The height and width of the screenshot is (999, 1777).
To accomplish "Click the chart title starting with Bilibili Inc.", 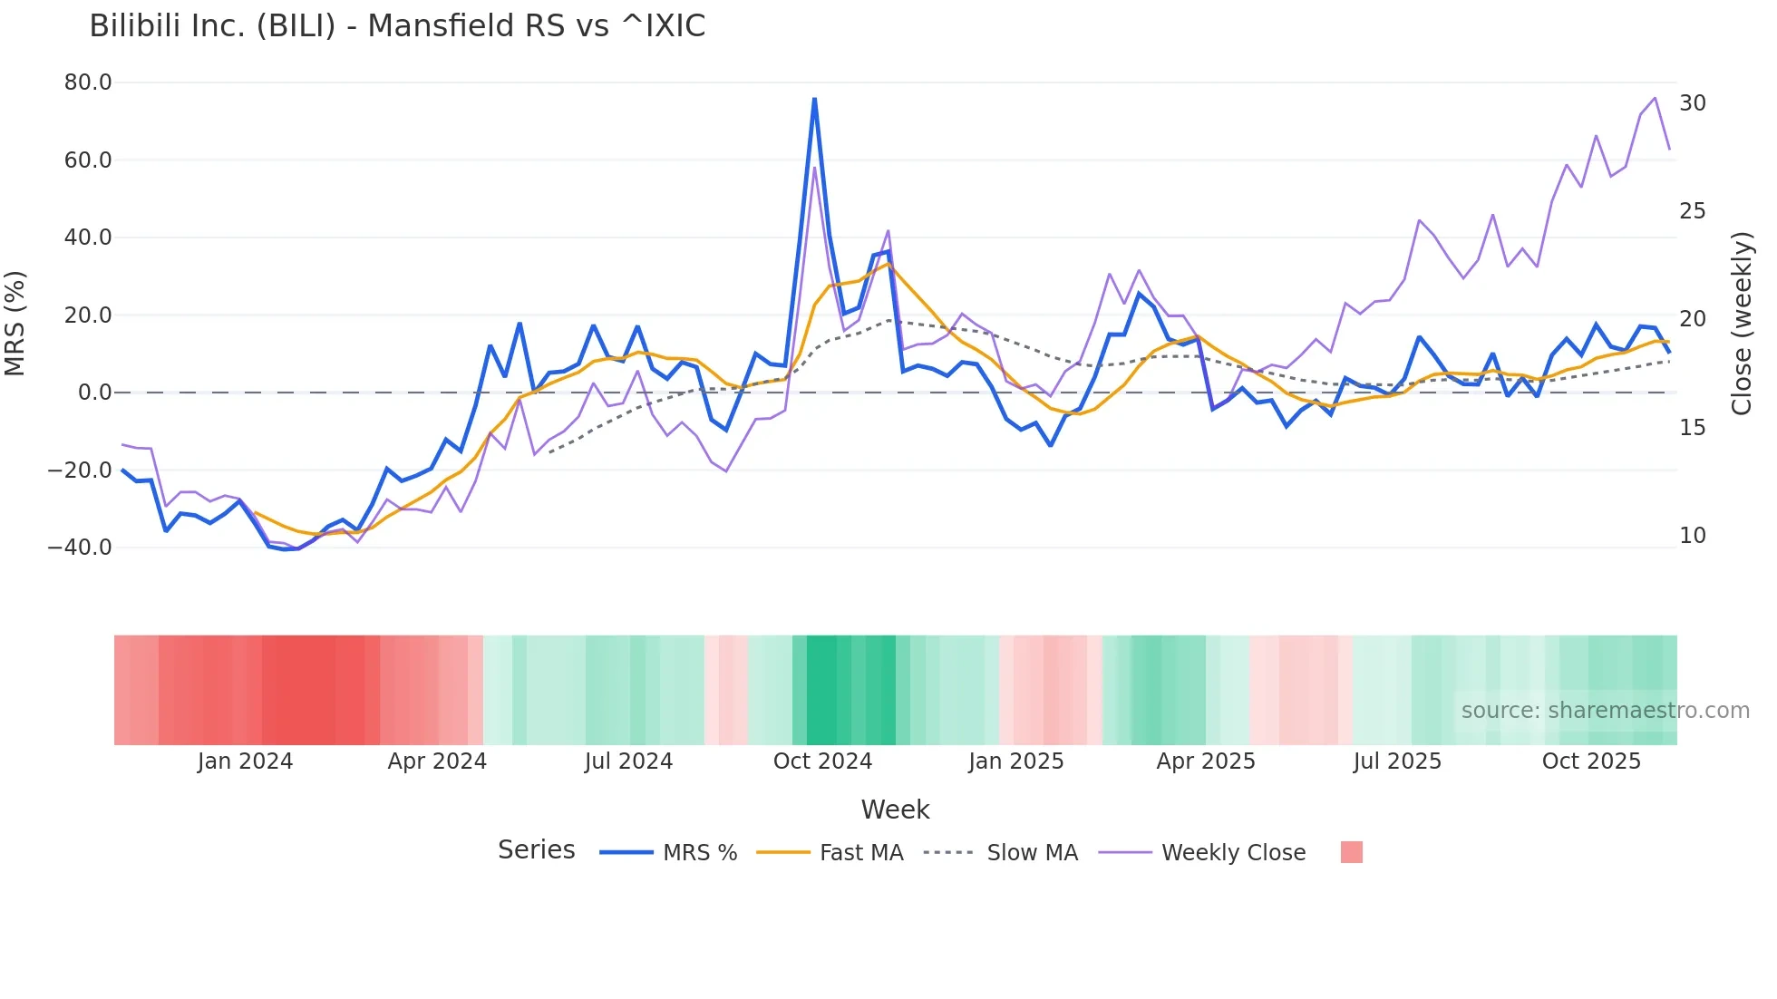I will click(397, 26).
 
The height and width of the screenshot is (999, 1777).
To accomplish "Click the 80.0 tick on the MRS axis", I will click(88, 82).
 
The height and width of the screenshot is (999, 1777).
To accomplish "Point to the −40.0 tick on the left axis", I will click(80, 548).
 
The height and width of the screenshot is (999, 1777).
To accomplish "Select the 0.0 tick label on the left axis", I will click(94, 393).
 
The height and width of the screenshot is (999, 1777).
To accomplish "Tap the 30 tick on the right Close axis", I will click(1693, 103).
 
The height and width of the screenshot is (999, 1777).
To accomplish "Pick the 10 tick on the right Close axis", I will click(1693, 536).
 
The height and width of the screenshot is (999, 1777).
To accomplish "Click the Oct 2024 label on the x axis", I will click(822, 761).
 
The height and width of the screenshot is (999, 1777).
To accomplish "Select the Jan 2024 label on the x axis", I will click(245, 761).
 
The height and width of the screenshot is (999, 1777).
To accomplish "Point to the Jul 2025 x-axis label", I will click(1397, 761).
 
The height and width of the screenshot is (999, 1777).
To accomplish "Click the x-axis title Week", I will click(895, 810).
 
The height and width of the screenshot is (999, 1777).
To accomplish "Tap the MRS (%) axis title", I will click(15, 323).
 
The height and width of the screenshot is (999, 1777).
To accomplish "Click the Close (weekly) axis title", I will click(1742, 323).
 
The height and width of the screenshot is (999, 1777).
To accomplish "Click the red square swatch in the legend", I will click(1351, 852).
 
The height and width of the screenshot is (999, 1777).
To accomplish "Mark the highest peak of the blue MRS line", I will click(814, 99).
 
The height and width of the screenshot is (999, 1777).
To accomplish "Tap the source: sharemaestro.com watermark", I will click(1605, 711).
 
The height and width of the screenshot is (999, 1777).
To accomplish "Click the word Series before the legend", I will click(536, 850).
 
